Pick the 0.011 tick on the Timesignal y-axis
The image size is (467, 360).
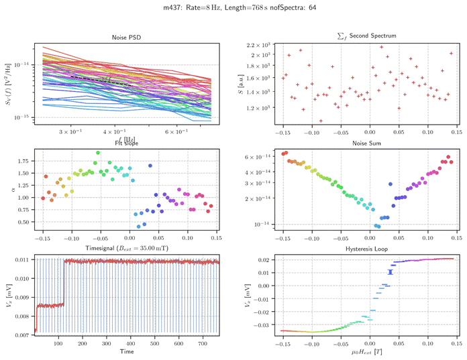point(20,259)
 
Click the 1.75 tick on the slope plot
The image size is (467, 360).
point(21,162)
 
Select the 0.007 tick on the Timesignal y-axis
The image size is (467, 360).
point(20,334)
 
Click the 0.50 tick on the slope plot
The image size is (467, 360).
point(21,222)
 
